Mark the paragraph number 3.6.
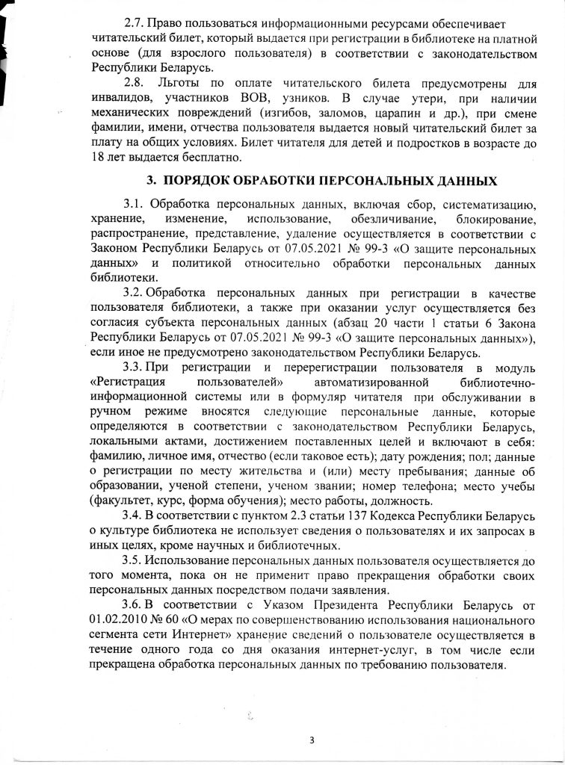point(135,604)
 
